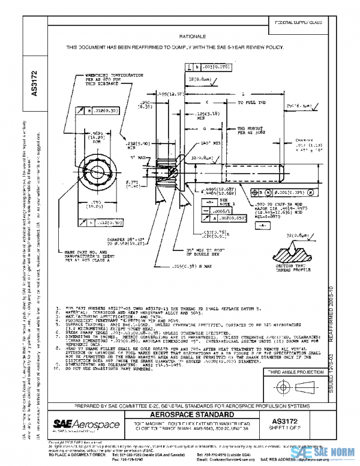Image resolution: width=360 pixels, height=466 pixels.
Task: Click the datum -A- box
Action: click(x=245, y=222)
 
